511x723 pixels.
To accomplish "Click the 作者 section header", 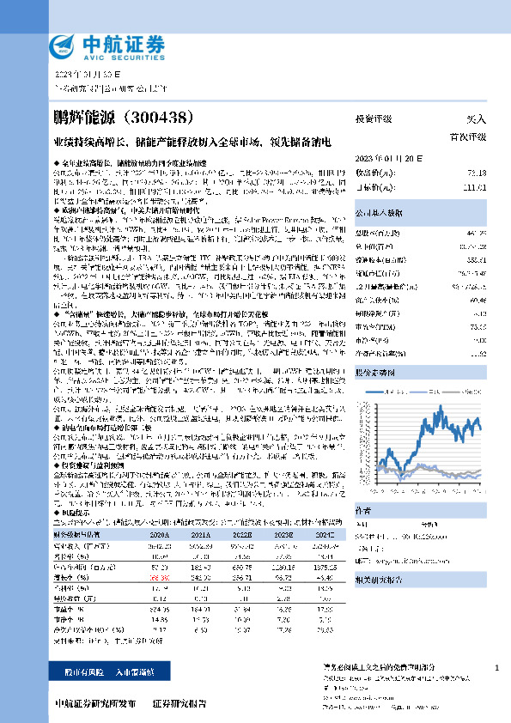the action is point(364,509).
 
